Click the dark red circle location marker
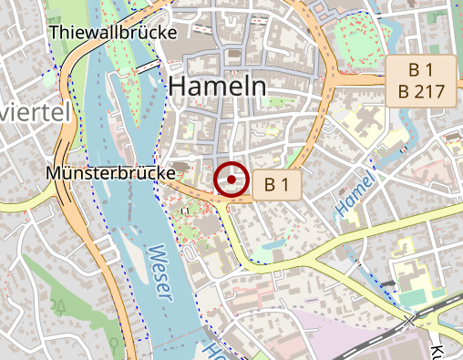coord(231,180)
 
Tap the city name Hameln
coord(218,86)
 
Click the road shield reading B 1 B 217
coord(420,80)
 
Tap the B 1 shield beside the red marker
coord(282,185)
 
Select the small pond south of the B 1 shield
coord(270,245)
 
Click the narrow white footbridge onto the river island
coord(146,67)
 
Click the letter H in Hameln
coord(179,86)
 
